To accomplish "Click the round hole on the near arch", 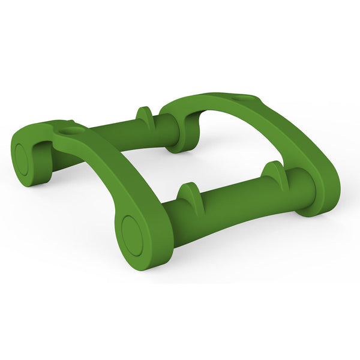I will click(x=71, y=130).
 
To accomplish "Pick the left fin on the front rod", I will click(x=188, y=199).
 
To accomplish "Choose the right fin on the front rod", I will click(x=274, y=172).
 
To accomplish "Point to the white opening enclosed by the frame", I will click(x=198, y=162).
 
